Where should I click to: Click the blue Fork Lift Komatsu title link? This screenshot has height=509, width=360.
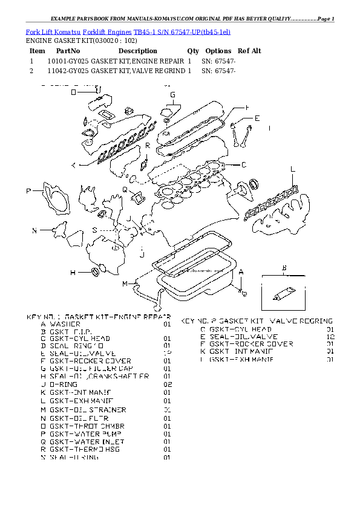click(127, 31)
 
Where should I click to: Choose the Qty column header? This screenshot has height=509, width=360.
click(193, 51)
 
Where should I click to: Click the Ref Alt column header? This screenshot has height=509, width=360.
click(249, 51)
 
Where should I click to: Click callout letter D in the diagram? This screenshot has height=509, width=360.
click(73, 92)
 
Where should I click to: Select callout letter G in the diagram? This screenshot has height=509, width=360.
click(172, 95)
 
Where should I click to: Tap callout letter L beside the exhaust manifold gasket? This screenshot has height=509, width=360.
click(292, 169)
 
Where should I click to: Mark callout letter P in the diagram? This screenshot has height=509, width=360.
click(28, 192)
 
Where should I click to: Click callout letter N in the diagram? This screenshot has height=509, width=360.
click(34, 230)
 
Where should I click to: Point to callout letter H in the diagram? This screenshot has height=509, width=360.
click(73, 273)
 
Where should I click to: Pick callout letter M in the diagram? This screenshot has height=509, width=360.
click(125, 284)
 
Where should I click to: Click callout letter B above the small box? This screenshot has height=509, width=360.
click(283, 267)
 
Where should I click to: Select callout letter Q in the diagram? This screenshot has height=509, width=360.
click(125, 190)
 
